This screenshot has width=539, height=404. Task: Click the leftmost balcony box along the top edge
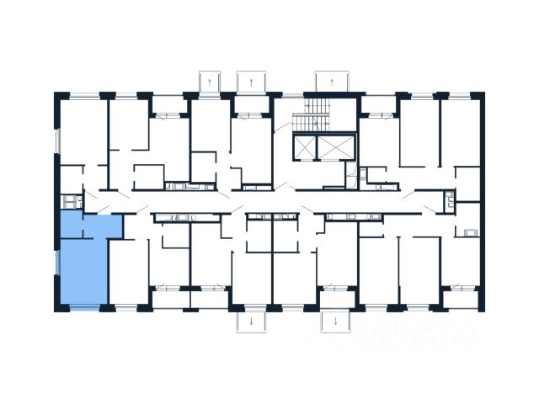click(x=207, y=82)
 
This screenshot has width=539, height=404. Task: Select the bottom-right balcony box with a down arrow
click(x=334, y=322)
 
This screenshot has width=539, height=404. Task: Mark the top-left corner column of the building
click(x=57, y=95)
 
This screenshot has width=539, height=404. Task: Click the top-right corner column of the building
click(x=480, y=95)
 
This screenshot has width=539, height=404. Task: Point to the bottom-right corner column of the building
click(x=480, y=308)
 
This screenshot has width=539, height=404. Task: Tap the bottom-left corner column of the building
click(x=57, y=308)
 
